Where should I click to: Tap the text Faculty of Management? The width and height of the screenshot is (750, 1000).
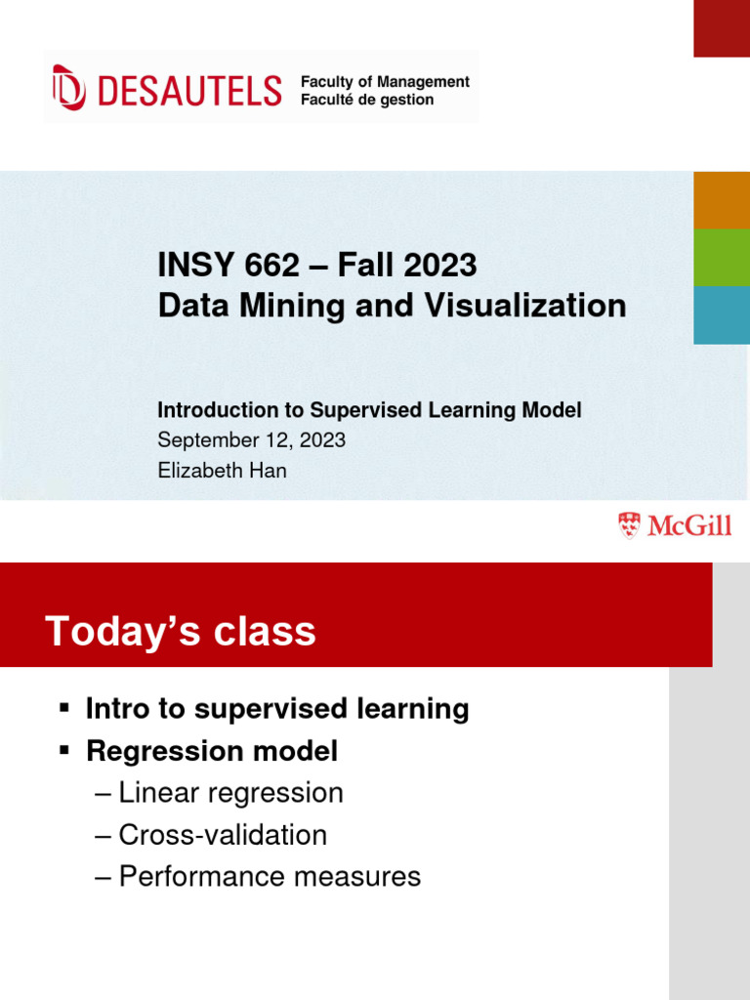tap(385, 82)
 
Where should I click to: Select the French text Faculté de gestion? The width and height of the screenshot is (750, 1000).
tap(367, 100)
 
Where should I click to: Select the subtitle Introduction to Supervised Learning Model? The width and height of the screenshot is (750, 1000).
tap(369, 410)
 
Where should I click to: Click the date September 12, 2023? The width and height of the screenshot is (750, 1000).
tap(251, 439)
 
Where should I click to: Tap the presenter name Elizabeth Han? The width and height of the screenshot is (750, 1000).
tap(223, 470)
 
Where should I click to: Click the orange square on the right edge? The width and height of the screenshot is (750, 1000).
tap(722, 199)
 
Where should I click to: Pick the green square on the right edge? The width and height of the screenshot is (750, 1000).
tap(722, 257)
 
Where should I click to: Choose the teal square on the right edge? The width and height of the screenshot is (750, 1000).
tap(722, 314)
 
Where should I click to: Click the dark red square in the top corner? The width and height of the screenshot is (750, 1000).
tap(722, 27)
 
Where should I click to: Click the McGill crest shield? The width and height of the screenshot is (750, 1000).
tap(630, 526)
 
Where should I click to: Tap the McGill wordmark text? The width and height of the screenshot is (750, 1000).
tap(688, 527)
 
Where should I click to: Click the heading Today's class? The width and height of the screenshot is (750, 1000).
tap(181, 632)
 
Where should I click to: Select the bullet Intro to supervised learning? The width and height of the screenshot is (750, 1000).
tap(277, 708)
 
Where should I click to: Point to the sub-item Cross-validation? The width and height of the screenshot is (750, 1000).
tap(223, 835)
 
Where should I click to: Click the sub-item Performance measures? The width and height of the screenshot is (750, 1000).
tap(270, 876)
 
